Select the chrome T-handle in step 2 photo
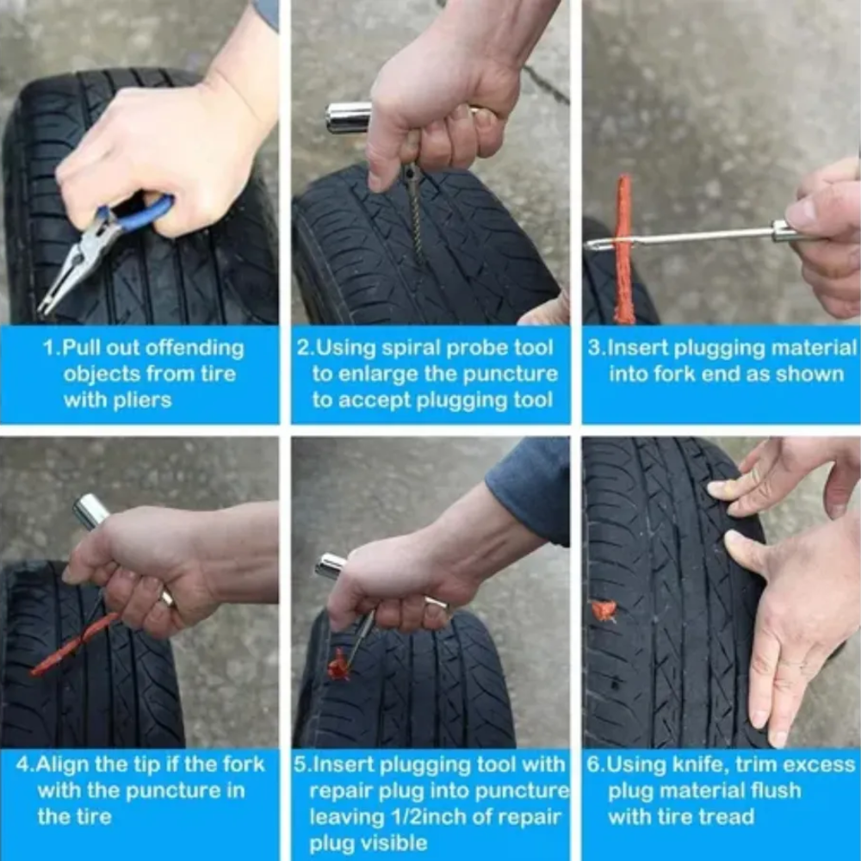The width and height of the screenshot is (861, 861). click(x=348, y=117)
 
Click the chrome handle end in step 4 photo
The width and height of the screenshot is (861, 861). click(x=90, y=511)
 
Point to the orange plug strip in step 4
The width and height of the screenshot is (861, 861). click(x=73, y=645)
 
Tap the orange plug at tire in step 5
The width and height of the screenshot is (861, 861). click(x=339, y=665)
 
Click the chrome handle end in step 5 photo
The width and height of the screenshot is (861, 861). click(x=331, y=567)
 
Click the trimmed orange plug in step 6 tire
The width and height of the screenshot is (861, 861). click(x=604, y=610)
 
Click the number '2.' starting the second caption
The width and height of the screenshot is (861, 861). click(x=306, y=349)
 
